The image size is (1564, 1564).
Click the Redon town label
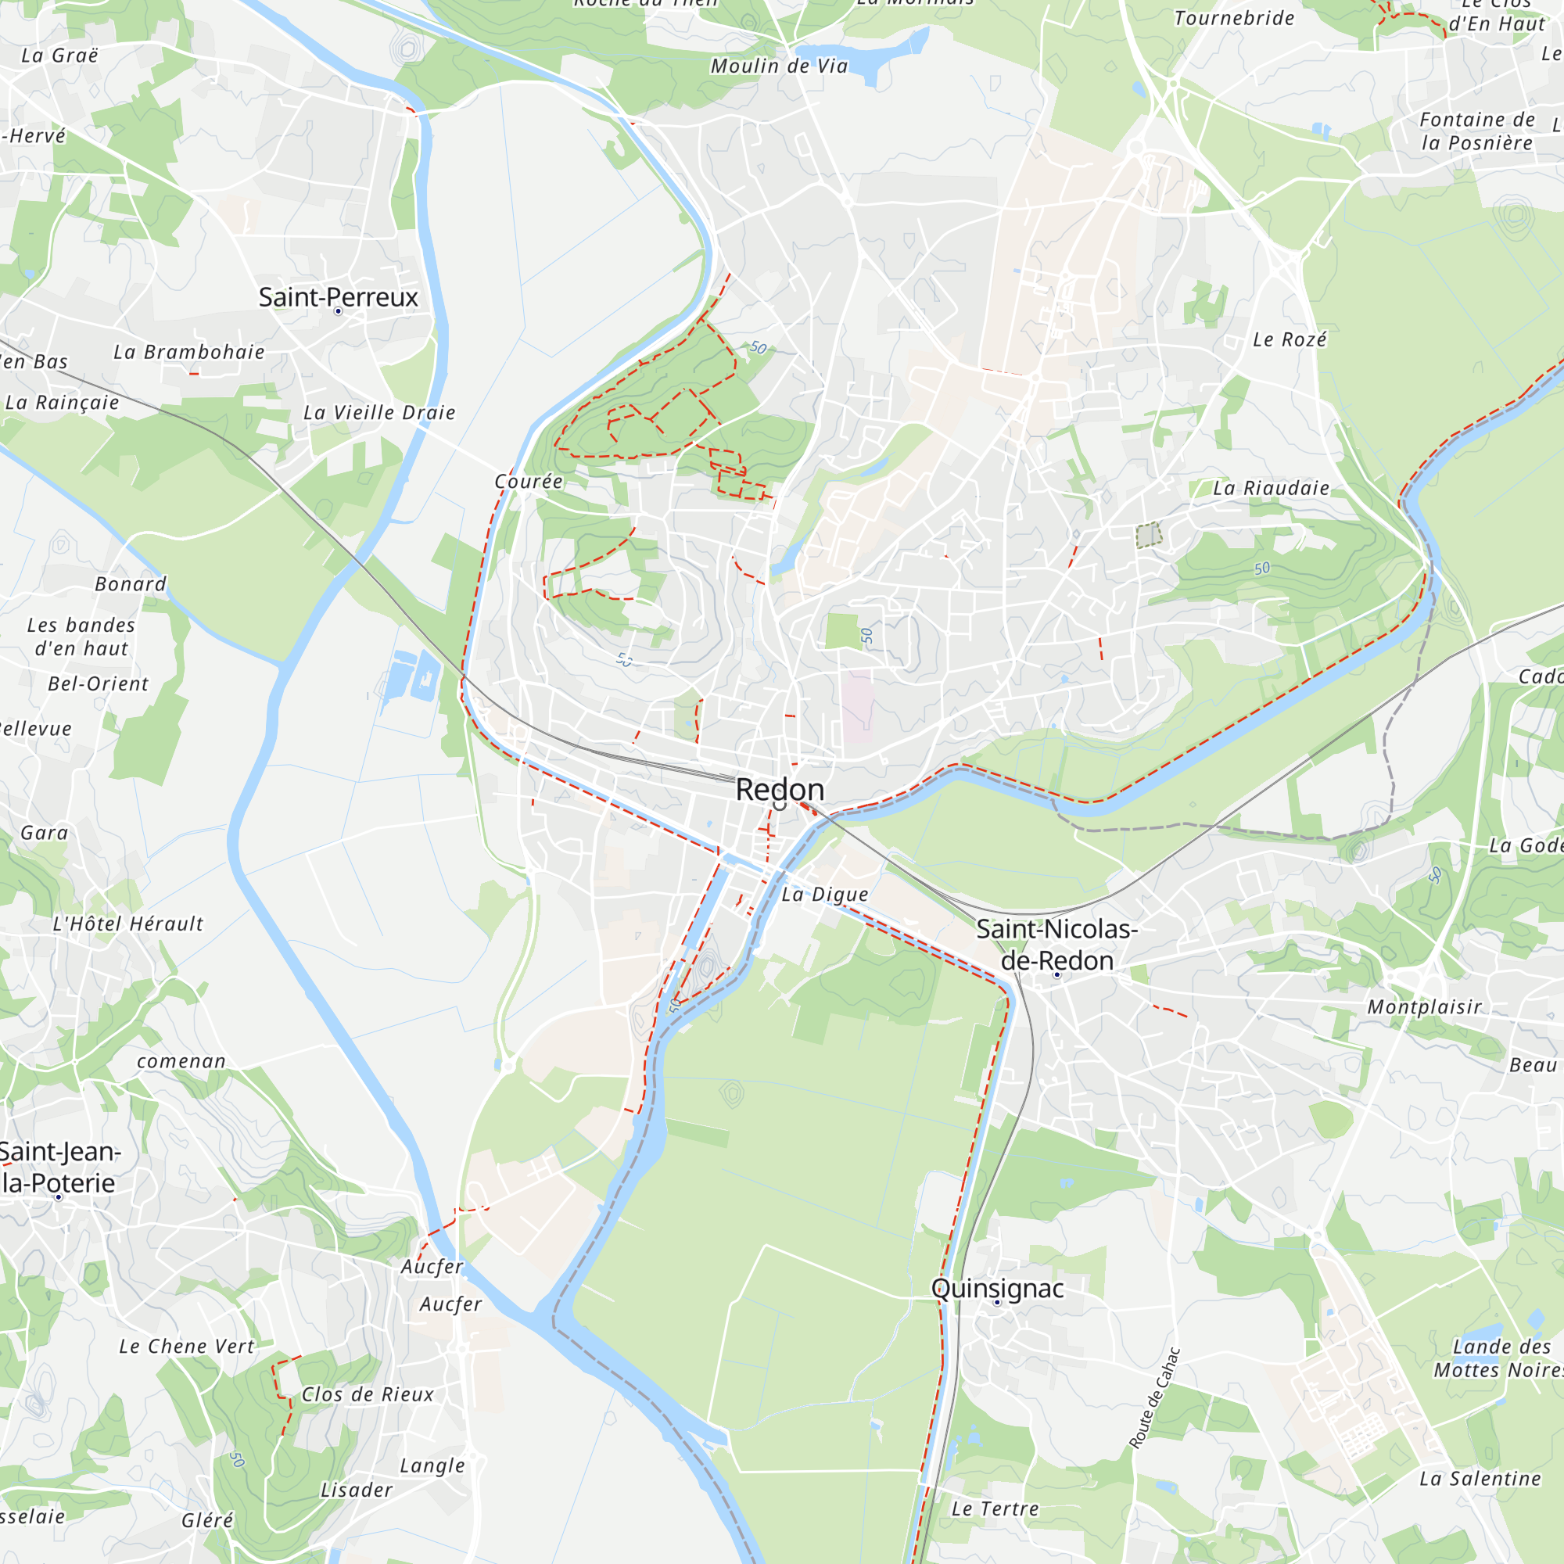780,789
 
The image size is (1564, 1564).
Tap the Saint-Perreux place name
338,296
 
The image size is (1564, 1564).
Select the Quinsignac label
997,1288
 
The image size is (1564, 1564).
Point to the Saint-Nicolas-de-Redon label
1056,945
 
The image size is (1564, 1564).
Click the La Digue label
824,895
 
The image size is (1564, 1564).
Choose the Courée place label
529,482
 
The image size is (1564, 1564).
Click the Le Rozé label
1290,340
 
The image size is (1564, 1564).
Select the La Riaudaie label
1271,488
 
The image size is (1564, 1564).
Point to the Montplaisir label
1424,1007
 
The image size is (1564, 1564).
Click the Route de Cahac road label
1155,1398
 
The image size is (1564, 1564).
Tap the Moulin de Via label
779,66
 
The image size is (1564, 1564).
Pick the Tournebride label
1234,19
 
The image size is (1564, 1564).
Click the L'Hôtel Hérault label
128,924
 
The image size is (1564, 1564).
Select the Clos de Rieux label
368,1394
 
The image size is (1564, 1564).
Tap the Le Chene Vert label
186,1347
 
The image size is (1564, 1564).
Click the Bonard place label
131,584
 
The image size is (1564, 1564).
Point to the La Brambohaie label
188,352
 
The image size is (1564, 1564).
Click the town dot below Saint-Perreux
339,312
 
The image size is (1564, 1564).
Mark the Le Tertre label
995,1508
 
